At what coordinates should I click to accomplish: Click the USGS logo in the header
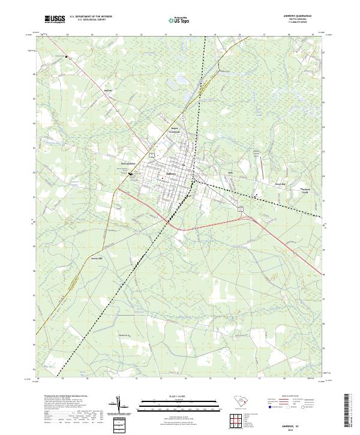[x=55, y=19]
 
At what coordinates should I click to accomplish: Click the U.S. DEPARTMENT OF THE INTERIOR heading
[x=90, y=17]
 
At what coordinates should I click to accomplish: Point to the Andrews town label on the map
[x=170, y=173]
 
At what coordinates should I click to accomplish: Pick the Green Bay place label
[x=280, y=184]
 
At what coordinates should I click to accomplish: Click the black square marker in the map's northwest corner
[x=67, y=58]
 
